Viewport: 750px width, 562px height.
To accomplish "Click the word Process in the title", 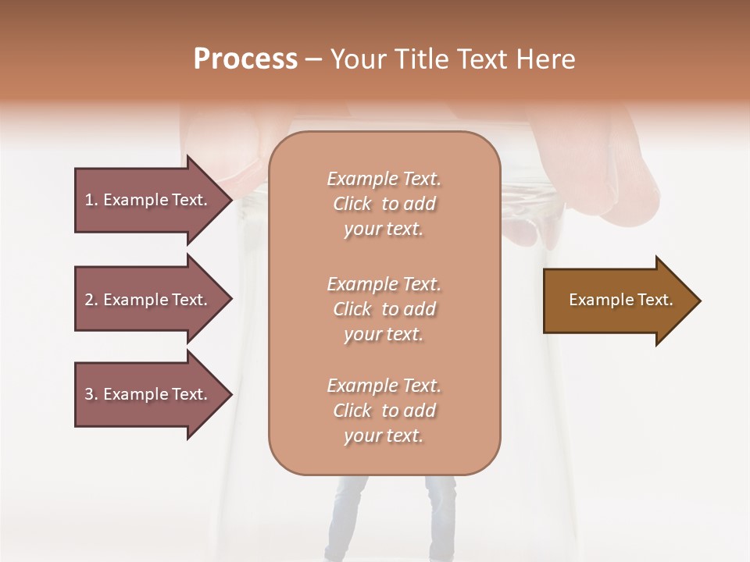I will coord(245,59).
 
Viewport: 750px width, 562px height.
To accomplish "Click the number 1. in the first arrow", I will coord(91,200).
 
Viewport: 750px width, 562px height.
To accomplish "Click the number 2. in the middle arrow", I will coord(91,300).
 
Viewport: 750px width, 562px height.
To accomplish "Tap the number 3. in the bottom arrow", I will coord(91,394).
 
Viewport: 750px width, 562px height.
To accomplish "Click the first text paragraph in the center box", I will coord(384,204).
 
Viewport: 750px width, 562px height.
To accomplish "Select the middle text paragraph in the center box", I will coord(384,308).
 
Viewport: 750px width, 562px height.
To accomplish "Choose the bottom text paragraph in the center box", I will coord(384,410).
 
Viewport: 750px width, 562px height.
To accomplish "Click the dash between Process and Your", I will coord(313,59).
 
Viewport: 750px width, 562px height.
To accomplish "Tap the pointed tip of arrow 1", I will coord(230,200).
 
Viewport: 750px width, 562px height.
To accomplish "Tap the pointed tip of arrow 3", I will coord(230,394).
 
